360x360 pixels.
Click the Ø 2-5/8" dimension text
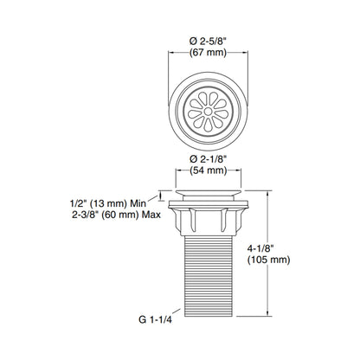(208, 42)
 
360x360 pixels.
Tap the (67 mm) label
(208, 53)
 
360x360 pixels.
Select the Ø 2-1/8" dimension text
(208, 159)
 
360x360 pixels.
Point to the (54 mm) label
(208, 170)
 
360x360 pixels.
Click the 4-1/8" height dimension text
(260, 248)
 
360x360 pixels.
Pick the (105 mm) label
(268, 260)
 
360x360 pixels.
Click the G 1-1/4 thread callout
(155, 319)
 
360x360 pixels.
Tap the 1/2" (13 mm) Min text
(108, 203)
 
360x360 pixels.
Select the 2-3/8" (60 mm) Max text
(116, 215)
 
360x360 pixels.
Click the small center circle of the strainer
(208, 112)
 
